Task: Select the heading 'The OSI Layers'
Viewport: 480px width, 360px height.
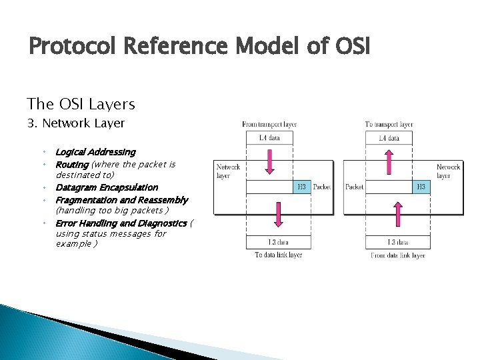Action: [81, 104]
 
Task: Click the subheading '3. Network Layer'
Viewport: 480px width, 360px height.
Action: [75, 123]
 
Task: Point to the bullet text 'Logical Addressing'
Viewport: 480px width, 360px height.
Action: [95, 152]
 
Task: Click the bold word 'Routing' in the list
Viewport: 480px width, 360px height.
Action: [72, 164]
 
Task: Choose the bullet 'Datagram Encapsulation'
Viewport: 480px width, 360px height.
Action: [107, 187]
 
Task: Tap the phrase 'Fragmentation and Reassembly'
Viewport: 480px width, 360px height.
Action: [121, 200]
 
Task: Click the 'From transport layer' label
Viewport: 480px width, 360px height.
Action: [269, 125]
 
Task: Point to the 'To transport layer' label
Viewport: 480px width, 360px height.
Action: [389, 125]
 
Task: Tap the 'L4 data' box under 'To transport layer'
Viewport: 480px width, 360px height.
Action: [389, 139]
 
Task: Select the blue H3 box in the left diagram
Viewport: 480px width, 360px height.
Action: [302, 187]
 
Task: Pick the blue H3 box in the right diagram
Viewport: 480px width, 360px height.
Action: [421, 187]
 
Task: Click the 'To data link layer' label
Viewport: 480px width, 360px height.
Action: [278, 255]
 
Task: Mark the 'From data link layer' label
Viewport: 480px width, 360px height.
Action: [398, 255]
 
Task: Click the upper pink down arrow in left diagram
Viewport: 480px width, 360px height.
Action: [269, 161]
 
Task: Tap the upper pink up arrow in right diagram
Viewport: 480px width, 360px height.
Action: [389, 161]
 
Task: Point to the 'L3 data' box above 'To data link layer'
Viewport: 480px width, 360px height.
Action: [278, 242]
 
